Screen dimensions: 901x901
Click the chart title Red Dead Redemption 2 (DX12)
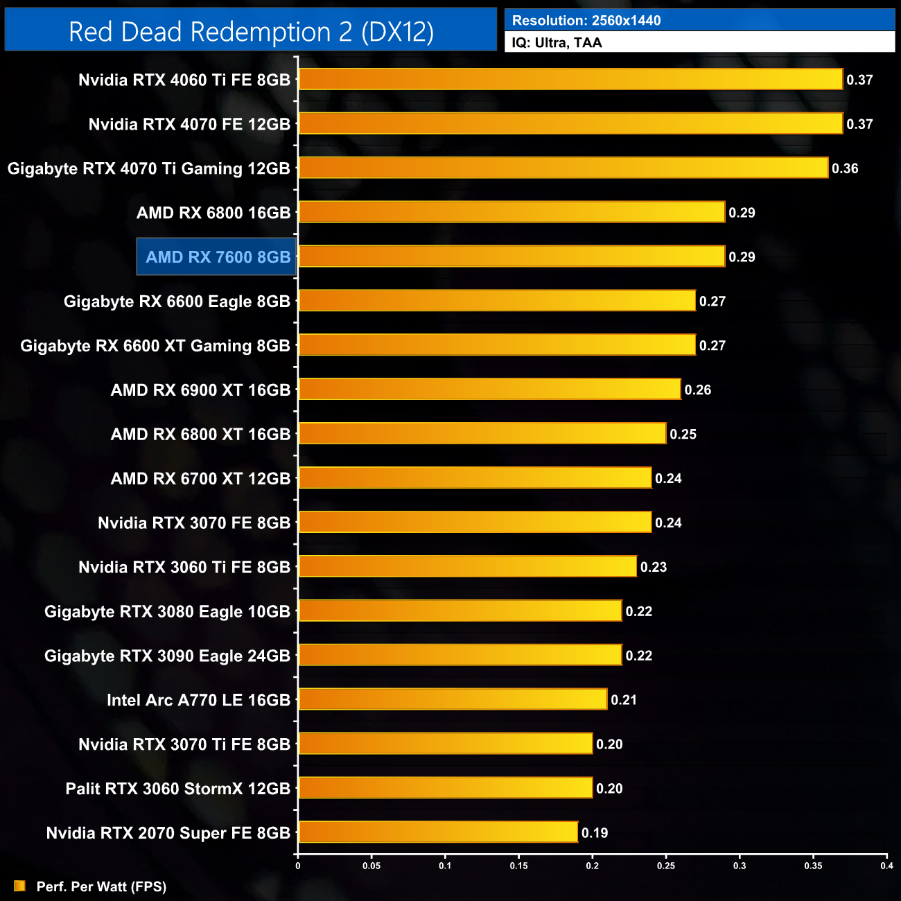pos(251,32)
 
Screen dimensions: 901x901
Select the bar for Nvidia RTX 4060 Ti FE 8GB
pos(570,80)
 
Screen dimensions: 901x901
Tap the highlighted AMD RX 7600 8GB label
pos(217,257)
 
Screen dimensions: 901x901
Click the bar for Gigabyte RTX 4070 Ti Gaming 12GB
pos(563,168)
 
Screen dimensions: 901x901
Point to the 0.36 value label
pos(845,168)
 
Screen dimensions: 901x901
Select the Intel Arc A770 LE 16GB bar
pos(453,699)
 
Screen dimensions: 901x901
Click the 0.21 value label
pos(624,700)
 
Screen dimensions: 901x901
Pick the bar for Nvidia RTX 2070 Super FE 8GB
pos(438,832)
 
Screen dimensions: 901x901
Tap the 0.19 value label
pos(595,833)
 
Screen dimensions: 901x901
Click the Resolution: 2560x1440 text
pos(586,21)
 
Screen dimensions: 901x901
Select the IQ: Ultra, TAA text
pos(557,43)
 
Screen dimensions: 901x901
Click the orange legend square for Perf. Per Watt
pos(19,886)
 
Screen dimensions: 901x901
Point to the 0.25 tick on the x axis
pos(666,865)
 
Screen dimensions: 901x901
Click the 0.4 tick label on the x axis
pos(886,866)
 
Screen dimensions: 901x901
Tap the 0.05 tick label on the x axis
pos(371,866)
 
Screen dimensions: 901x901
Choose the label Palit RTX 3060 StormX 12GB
pos(177,789)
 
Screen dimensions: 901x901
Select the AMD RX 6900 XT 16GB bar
pos(489,390)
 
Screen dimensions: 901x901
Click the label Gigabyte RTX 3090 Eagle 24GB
pos(167,656)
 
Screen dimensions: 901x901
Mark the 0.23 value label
pos(654,567)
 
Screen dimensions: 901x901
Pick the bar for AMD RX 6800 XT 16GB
pos(482,434)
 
